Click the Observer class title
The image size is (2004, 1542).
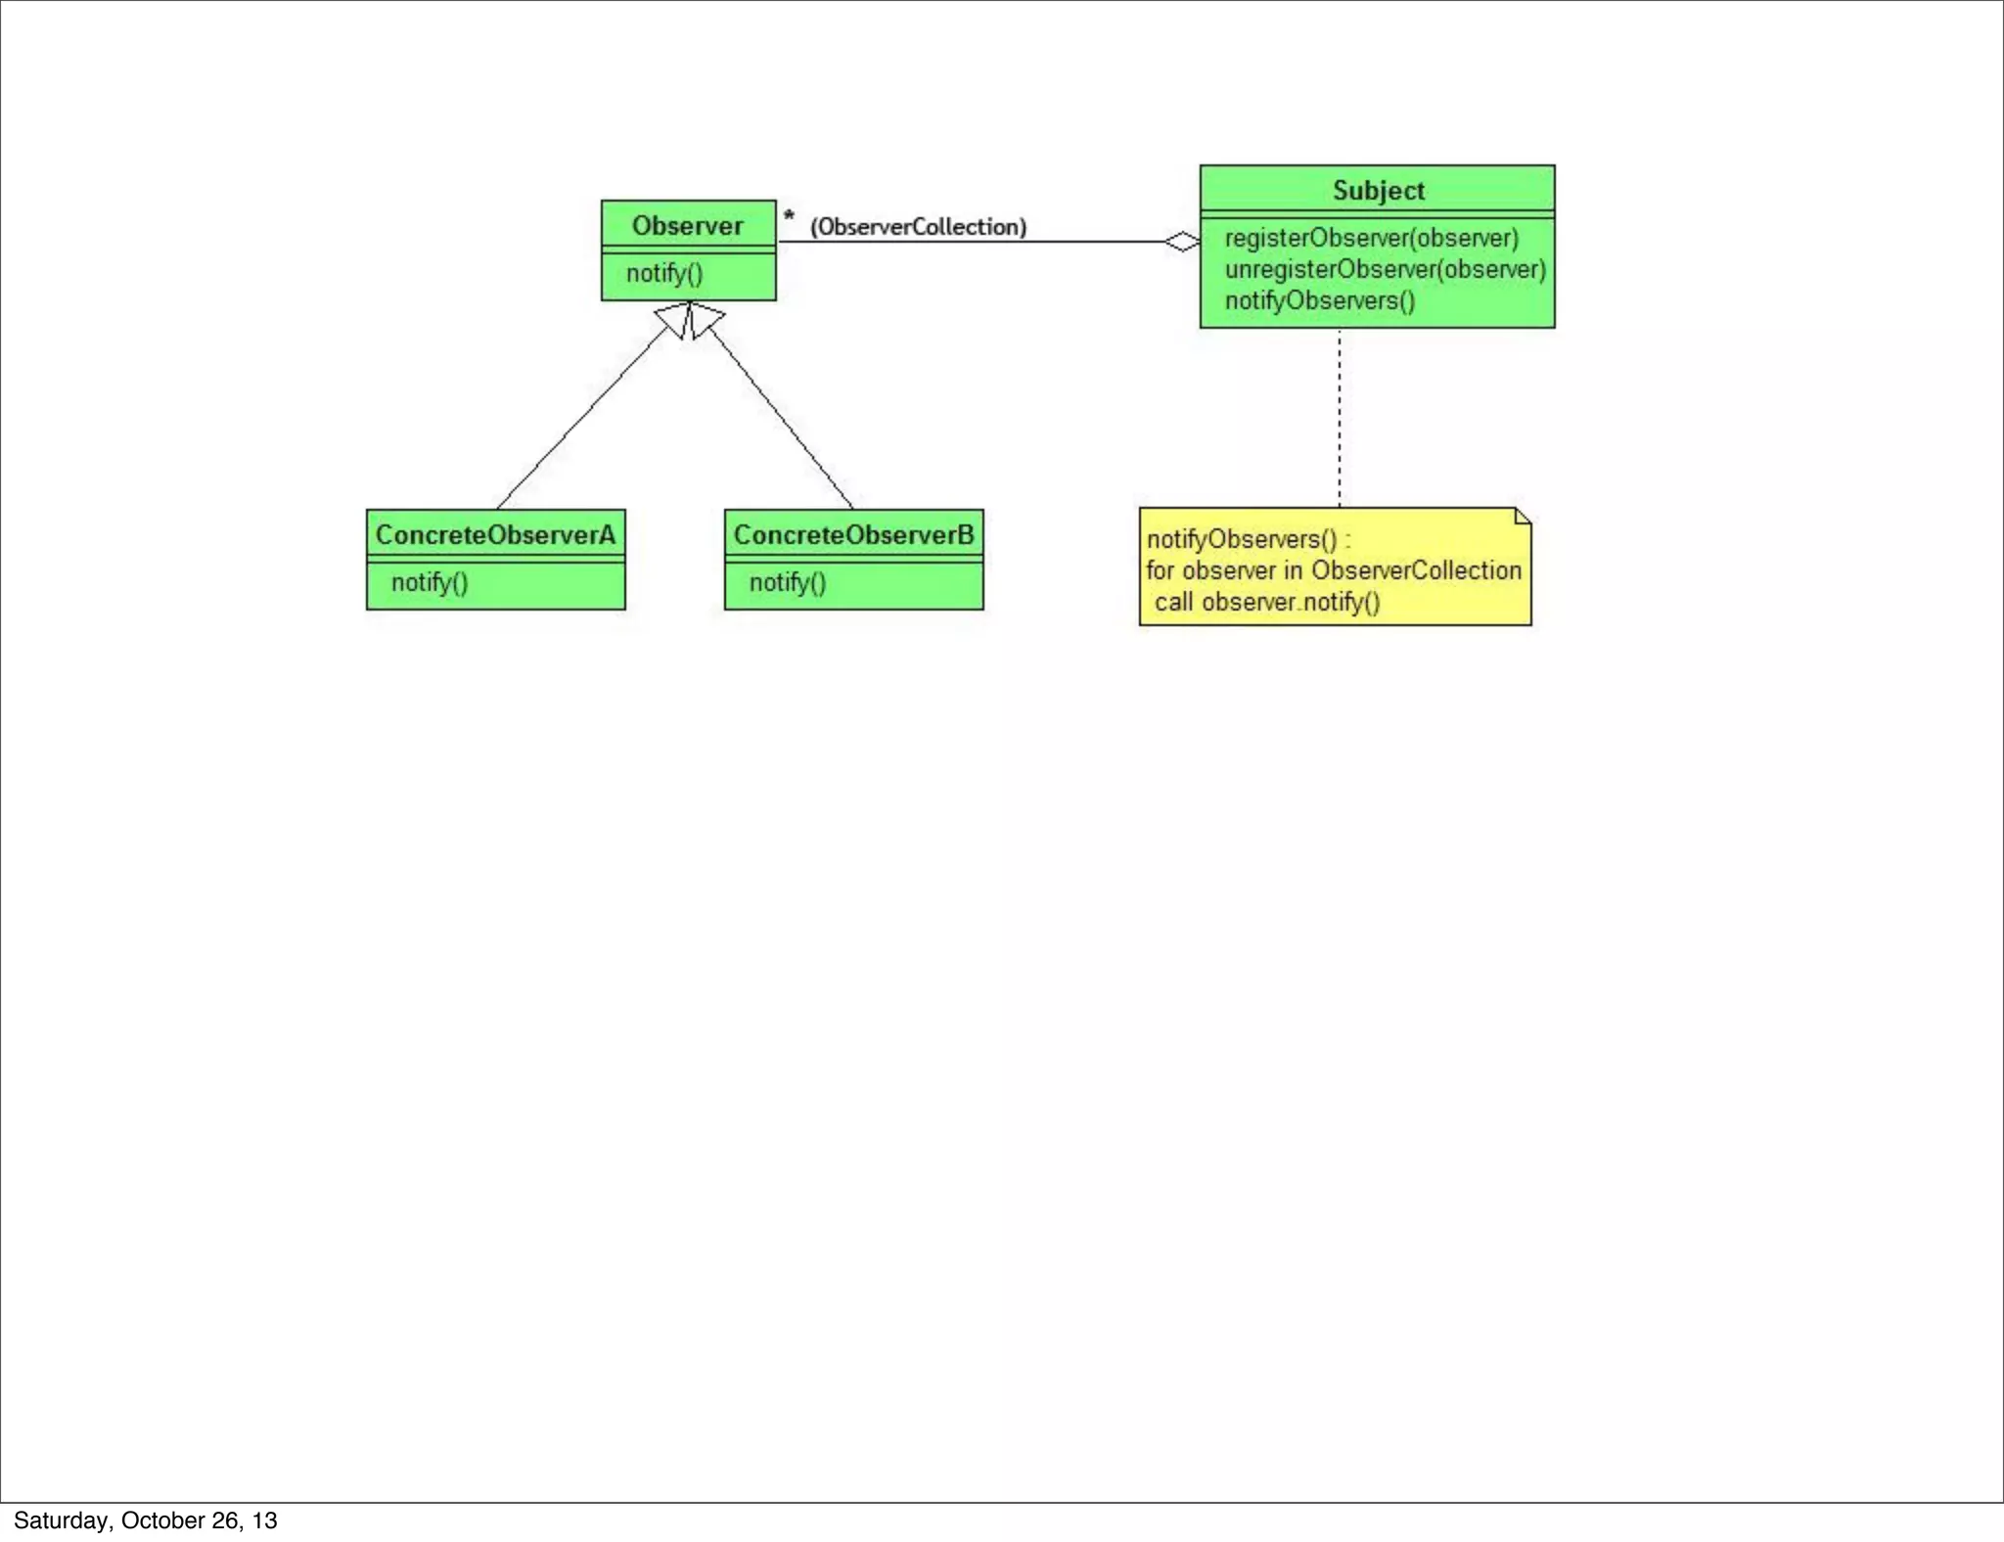pyautogui.click(x=687, y=226)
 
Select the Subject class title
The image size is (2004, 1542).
pyautogui.click(x=1378, y=191)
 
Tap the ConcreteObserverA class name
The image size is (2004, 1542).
pyautogui.click(x=495, y=535)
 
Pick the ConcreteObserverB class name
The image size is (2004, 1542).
pyautogui.click(x=853, y=535)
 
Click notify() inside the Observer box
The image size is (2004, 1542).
pyautogui.click(x=664, y=273)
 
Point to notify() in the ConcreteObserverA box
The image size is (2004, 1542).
pyautogui.click(x=430, y=582)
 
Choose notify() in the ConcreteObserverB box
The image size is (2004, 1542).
pyautogui.click(x=788, y=582)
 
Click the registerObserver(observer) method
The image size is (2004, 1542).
pyautogui.click(x=1371, y=238)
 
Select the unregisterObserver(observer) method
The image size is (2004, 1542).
pyautogui.click(x=1385, y=269)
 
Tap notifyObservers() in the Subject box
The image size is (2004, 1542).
pyautogui.click(x=1320, y=300)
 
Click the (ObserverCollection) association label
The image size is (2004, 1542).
pyautogui.click(x=918, y=227)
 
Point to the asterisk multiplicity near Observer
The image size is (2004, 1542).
pyautogui.click(x=789, y=216)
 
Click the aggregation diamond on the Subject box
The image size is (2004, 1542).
pyautogui.click(x=1182, y=242)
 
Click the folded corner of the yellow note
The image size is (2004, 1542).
pyautogui.click(x=1523, y=516)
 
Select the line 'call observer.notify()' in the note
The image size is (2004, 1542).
pyautogui.click(x=1267, y=602)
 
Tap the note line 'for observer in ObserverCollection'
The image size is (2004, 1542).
pyautogui.click(x=1334, y=570)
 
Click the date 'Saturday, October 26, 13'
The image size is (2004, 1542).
pyautogui.click(x=146, y=1520)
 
